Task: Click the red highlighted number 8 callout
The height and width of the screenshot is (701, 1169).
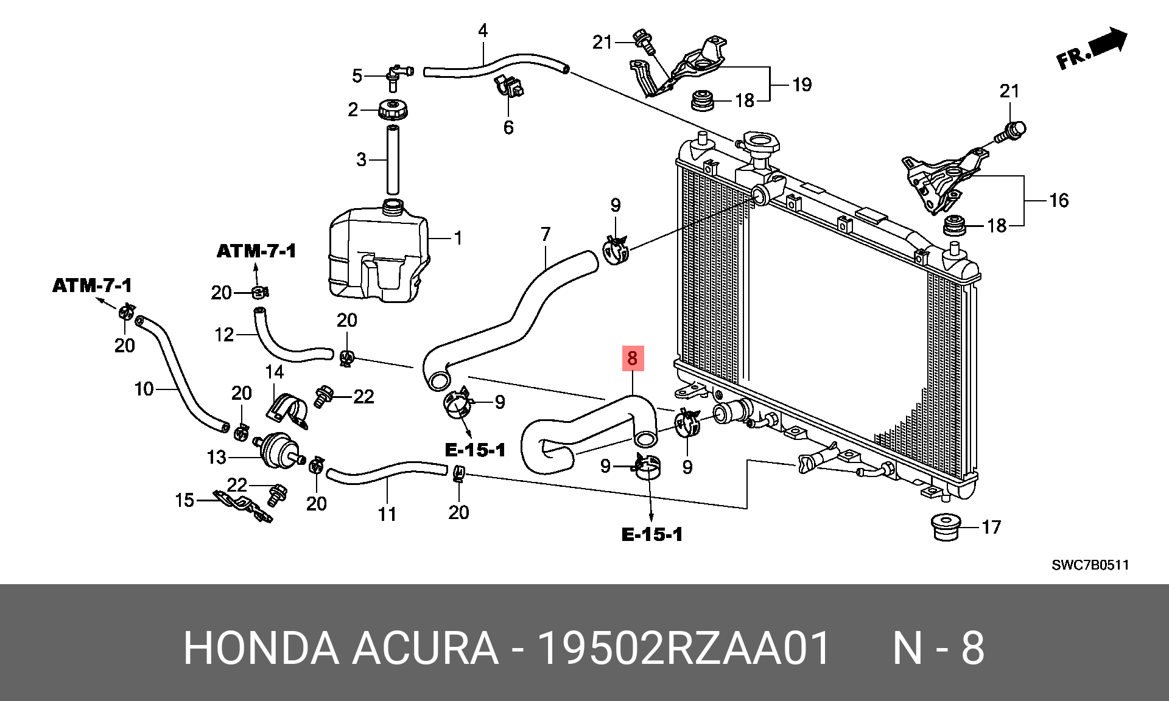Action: coord(632,359)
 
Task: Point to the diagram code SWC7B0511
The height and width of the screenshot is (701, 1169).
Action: coord(1090,565)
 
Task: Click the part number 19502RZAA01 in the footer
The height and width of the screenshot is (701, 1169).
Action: coord(686,649)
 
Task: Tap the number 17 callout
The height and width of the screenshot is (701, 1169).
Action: coord(991,527)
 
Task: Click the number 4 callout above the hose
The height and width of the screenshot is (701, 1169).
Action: coord(483,30)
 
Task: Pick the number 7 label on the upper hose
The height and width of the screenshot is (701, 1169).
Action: coord(545,234)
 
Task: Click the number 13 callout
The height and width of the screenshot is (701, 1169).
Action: coord(217,457)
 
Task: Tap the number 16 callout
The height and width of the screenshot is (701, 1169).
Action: coord(1059,200)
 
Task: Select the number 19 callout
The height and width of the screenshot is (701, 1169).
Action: coord(802,85)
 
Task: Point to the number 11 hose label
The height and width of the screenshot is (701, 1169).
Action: coord(387,514)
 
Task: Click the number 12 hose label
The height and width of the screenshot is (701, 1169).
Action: coord(225,335)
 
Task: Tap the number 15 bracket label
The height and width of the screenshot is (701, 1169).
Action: coord(184,500)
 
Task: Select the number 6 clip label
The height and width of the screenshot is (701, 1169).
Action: coord(508,127)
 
